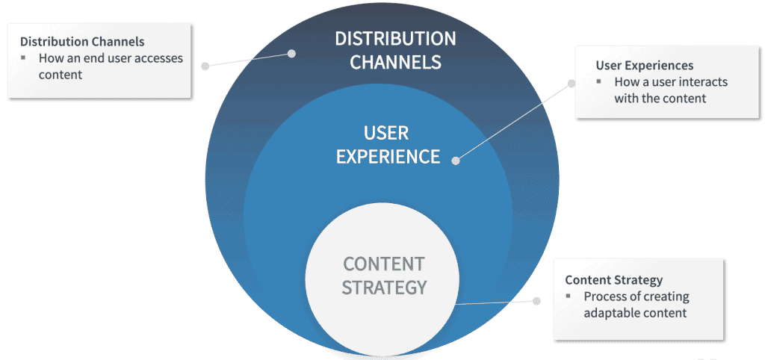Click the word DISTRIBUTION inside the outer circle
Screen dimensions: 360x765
point(395,39)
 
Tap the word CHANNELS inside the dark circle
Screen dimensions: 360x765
point(395,62)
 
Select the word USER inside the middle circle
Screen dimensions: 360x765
point(386,134)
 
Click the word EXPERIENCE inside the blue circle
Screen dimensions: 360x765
point(388,157)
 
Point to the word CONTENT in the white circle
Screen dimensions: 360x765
point(383,264)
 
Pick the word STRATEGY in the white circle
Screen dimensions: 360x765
point(384,287)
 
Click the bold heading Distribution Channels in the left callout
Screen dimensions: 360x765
point(82,41)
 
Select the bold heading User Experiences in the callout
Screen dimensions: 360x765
point(645,66)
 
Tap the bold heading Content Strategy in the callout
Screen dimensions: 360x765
point(613,280)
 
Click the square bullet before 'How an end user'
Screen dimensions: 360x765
point(23,58)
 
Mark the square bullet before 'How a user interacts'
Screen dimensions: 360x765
point(599,82)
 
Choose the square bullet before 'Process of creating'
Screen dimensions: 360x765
point(569,297)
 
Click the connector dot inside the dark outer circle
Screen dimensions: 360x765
point(292,53)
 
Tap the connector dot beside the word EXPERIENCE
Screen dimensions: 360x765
point(456,158)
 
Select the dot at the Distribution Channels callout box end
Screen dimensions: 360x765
point(205,66)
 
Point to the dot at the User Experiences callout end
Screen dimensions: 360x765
point(572,84)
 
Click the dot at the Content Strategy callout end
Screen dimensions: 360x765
point(536,301)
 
